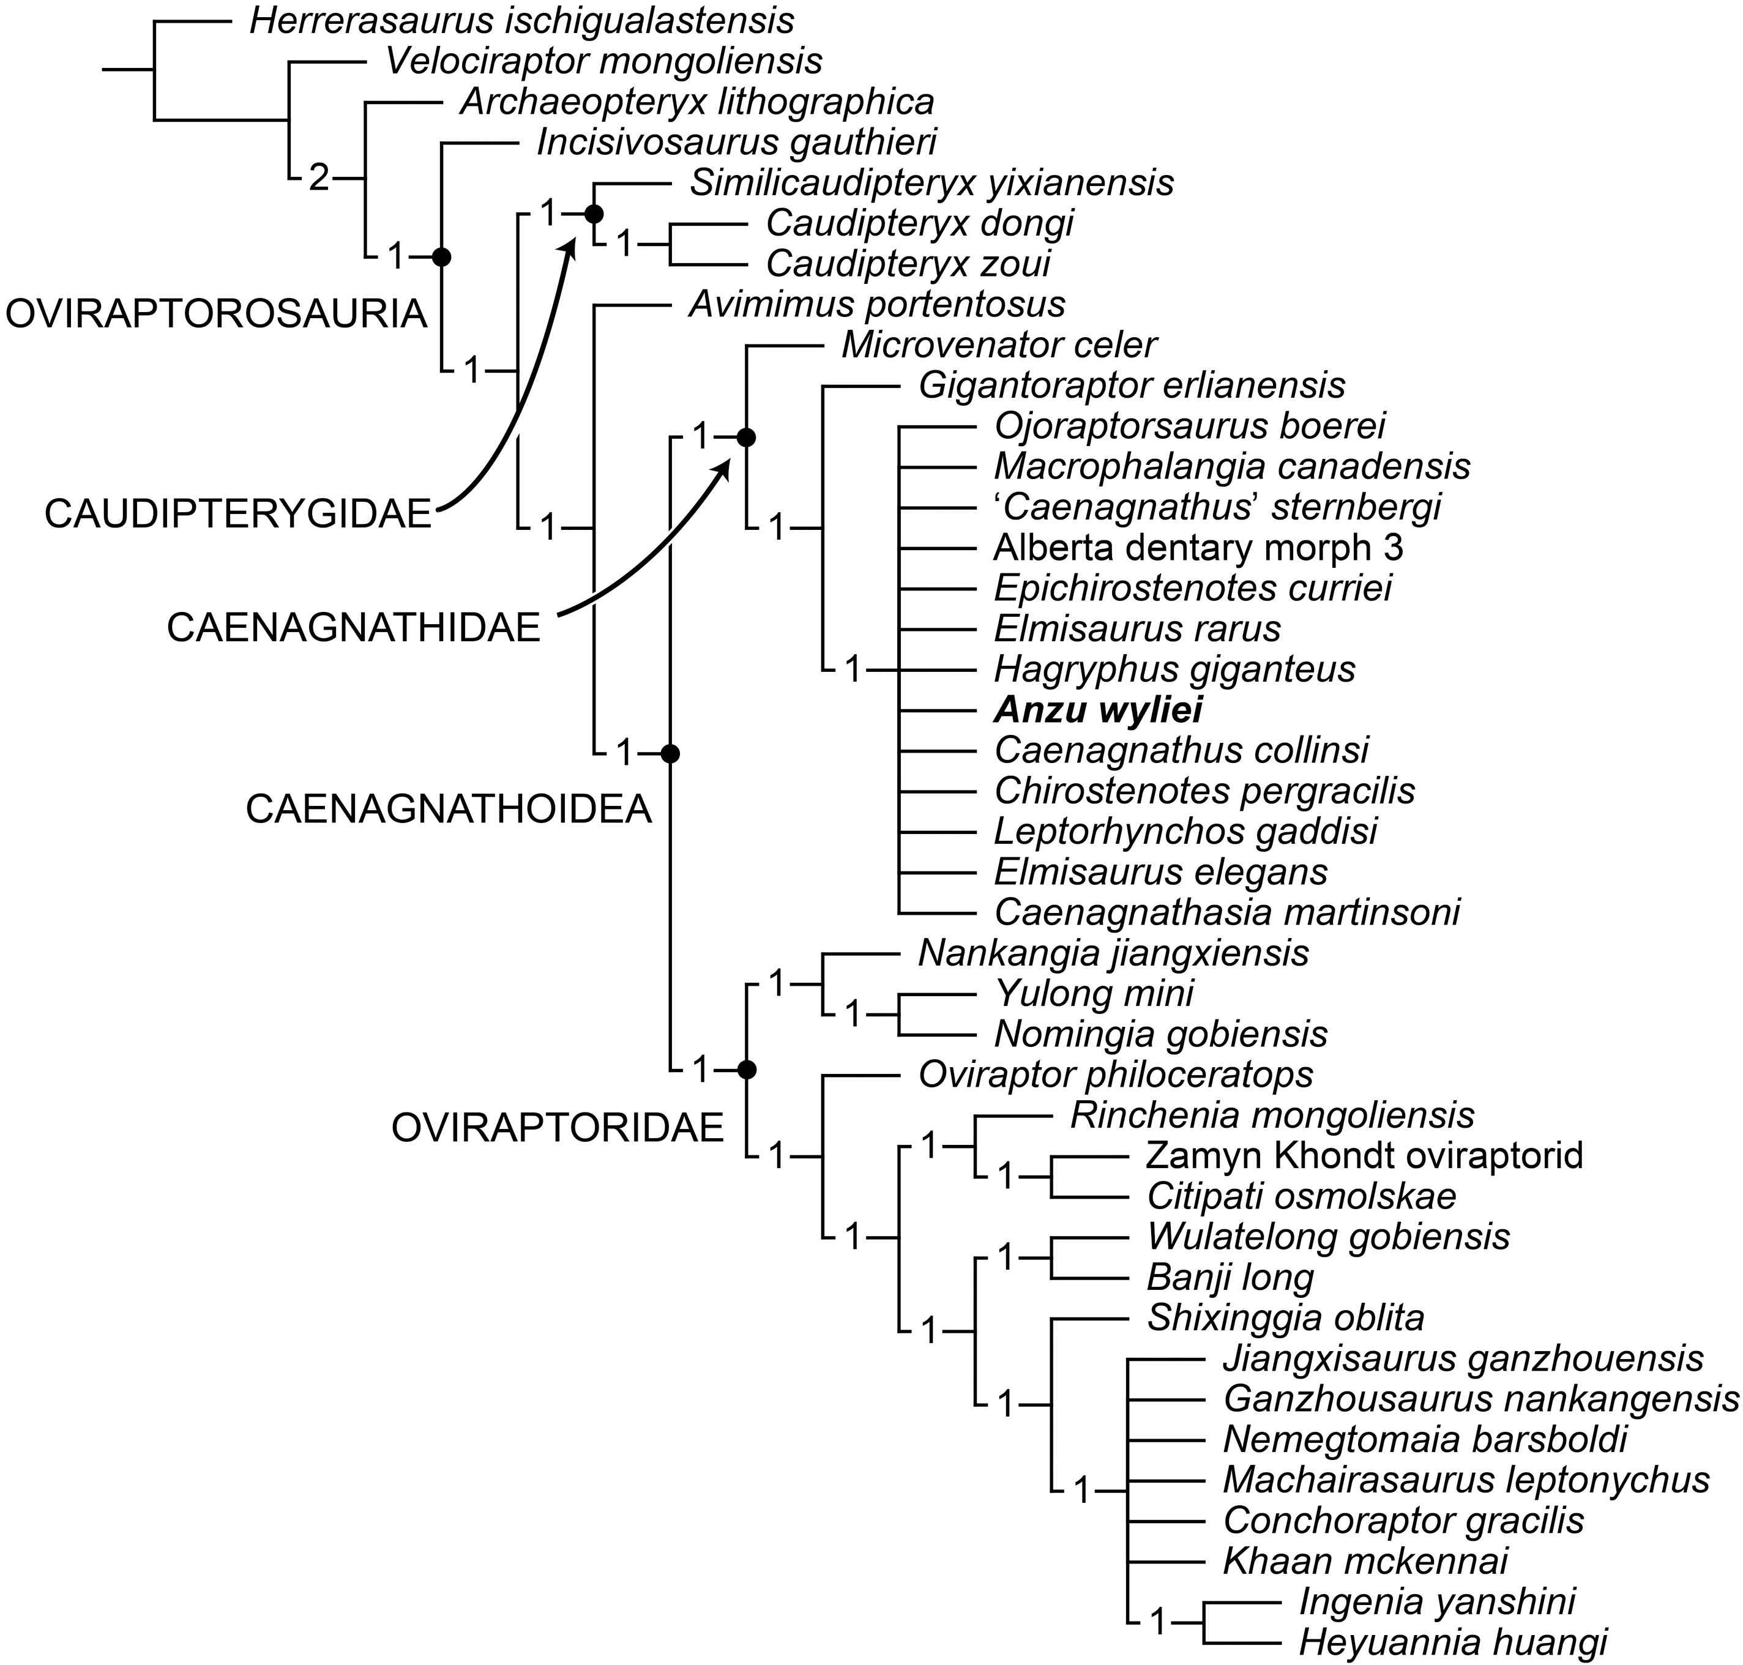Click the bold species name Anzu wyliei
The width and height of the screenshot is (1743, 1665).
click(1098, 710)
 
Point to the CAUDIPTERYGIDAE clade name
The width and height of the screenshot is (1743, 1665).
click(238, 515)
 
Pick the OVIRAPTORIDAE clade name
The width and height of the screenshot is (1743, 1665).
click(558, 1128)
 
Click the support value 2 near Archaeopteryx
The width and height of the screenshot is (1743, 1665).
click(319, 179)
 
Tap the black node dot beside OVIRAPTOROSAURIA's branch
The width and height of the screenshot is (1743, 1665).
click(441, 258)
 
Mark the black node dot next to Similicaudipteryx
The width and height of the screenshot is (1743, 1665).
click(594, 214)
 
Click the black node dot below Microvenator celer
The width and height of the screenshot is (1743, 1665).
click(747, 437)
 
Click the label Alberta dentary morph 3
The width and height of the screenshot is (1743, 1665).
click(1198, 548)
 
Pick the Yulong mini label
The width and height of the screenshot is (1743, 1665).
click(1094, 993)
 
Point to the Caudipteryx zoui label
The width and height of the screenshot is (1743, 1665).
click(908, 264)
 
